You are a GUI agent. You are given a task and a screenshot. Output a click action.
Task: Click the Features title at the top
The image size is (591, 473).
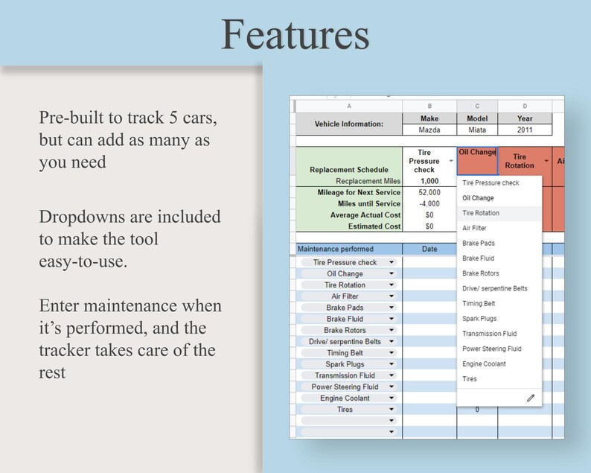[295, 34]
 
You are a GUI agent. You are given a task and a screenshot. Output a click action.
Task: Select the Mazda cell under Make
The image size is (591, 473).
[429, 130]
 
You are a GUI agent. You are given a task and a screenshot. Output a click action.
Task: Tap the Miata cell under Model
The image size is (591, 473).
[476, 130]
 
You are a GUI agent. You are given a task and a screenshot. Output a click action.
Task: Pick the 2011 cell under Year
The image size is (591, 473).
[524, 130]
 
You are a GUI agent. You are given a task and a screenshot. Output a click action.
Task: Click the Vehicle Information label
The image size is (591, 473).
[348, 124]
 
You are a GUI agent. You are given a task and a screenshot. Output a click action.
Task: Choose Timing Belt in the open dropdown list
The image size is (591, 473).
[479, 303]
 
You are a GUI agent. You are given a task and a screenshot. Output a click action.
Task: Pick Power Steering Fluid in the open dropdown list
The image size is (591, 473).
[491, 349]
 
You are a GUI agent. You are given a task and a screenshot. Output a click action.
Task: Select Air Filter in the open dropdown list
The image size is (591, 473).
[474, 228]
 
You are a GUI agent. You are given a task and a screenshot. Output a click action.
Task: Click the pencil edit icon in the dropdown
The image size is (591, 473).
[530, 398]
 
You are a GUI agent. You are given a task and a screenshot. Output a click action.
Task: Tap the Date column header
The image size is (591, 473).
[429, 249]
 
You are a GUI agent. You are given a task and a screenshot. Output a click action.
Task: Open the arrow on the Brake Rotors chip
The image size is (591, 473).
[392, 330]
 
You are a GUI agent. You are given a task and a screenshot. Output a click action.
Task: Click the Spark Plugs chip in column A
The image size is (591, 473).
[345, 364]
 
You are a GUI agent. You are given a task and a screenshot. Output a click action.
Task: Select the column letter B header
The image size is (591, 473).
[429, 106]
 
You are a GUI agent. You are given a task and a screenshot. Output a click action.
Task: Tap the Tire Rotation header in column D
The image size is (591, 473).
[520, 161]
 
